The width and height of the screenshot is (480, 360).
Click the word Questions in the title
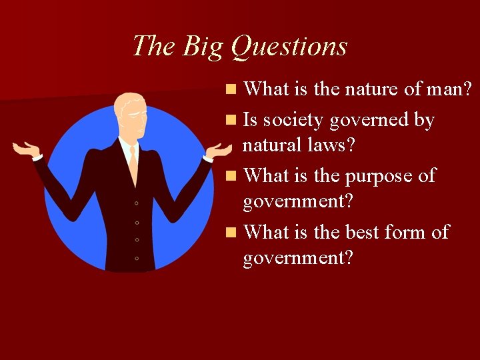point(289,47)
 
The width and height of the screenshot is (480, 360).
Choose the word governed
point(374,121)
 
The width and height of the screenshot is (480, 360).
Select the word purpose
point(378,176)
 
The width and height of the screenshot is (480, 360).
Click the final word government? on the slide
point(297,257)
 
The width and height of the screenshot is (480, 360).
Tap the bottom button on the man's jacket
point(136,257)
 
